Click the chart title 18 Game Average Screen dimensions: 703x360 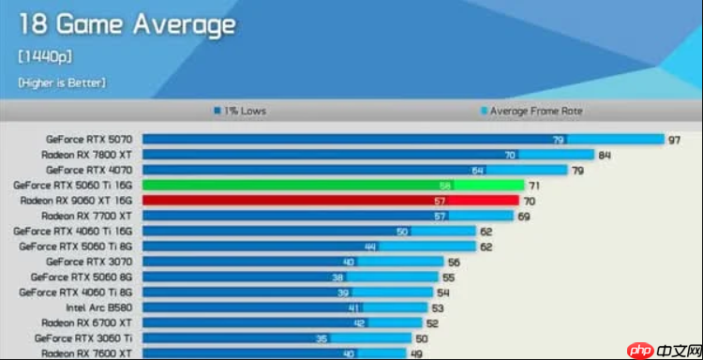point(127,24)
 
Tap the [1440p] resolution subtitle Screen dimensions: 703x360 point(45,57)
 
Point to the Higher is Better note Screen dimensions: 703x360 point(62,82)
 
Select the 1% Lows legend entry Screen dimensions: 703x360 point(240,111)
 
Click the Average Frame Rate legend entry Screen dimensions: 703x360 point(531,111)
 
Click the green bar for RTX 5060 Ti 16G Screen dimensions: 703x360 point(333,185)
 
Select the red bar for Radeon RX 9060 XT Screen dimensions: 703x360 point(331,201)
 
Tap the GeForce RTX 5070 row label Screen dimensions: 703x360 point(89,140)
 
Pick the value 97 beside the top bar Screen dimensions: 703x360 point(674,140)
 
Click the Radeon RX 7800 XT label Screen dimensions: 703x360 point(86,155)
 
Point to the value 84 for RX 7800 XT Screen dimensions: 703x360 point(605,155)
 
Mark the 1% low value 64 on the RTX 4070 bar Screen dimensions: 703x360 point(477,171)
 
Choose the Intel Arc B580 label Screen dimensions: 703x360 point(99,307)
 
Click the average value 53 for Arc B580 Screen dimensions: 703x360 point(438,308)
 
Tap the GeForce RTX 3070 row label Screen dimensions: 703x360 point(89,262)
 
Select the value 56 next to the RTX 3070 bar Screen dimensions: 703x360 point(454,262)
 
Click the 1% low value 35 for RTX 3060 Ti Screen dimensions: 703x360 point(322,338)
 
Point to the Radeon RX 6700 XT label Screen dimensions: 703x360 point(86,322)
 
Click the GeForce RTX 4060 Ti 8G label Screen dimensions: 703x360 point(75,292)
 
